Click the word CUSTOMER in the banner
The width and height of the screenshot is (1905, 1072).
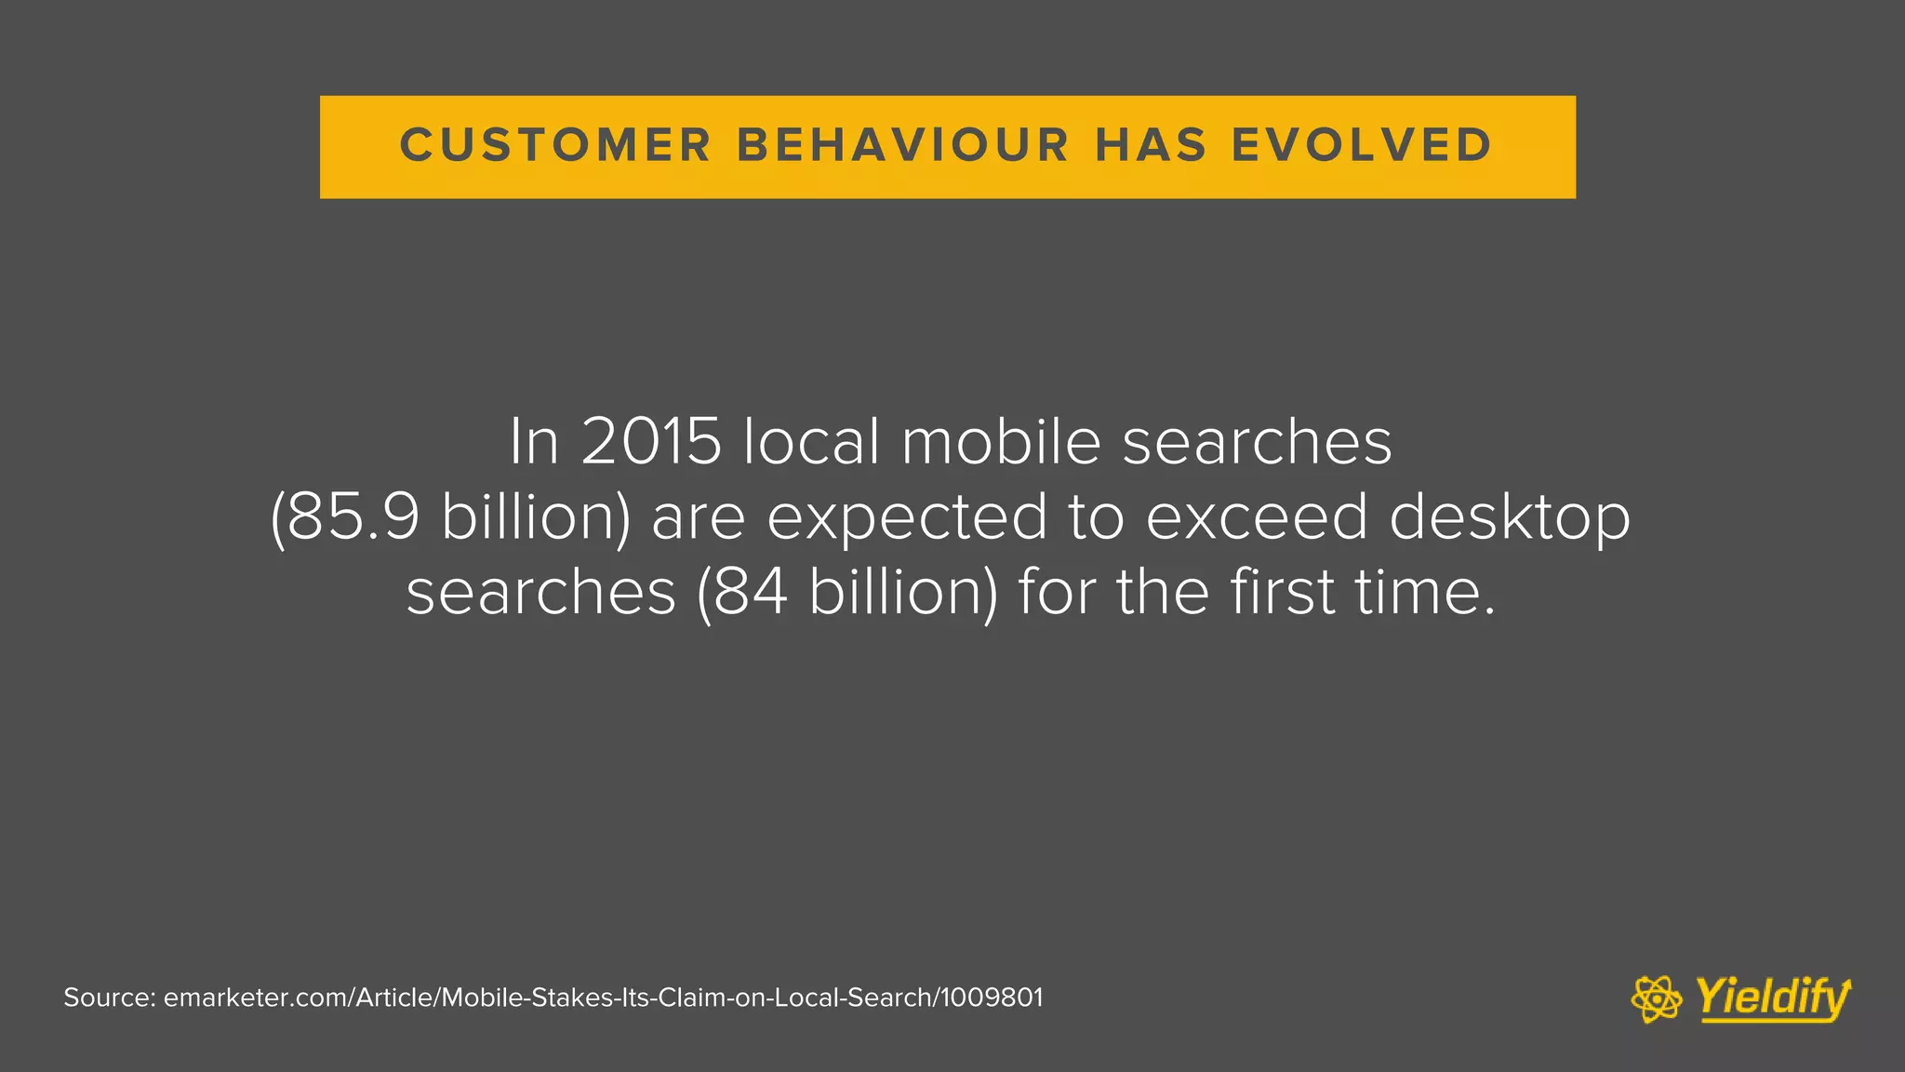tap(555, 146)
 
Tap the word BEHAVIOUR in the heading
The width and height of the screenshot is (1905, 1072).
tap(903, 146)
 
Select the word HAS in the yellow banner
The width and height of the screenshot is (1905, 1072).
tap(1152, 146)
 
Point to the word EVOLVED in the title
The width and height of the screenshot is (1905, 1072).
tap(1363, 146)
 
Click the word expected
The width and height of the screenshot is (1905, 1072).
tap(907, 518)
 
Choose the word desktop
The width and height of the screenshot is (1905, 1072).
tap(1510, 518)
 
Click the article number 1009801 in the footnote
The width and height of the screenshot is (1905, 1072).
tap(992, 998)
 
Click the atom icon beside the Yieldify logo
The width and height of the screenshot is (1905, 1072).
tap(1657, 999)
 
